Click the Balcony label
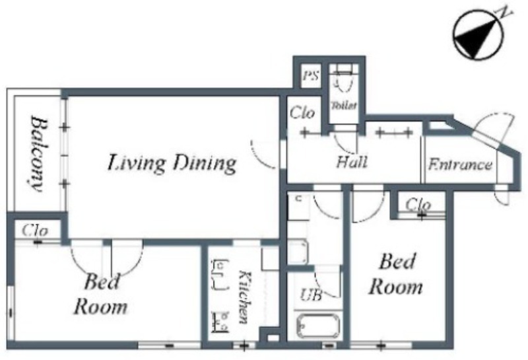(38, 153)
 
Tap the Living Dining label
(172, 163)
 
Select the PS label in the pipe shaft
(310, 75)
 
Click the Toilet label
(344, 106)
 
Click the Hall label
(352, 161)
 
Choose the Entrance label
(460, 164)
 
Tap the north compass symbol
(477, 35)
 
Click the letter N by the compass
(504, 13)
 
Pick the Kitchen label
(244, 297)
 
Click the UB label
(311, 295)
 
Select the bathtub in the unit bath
(317, 326)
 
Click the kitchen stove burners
(220, 322)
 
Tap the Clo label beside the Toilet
(302, 112)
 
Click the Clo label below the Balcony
(35, 231)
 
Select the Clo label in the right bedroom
(418, 205)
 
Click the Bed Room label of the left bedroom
(101, 294)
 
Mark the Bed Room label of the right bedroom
(396, 274)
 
